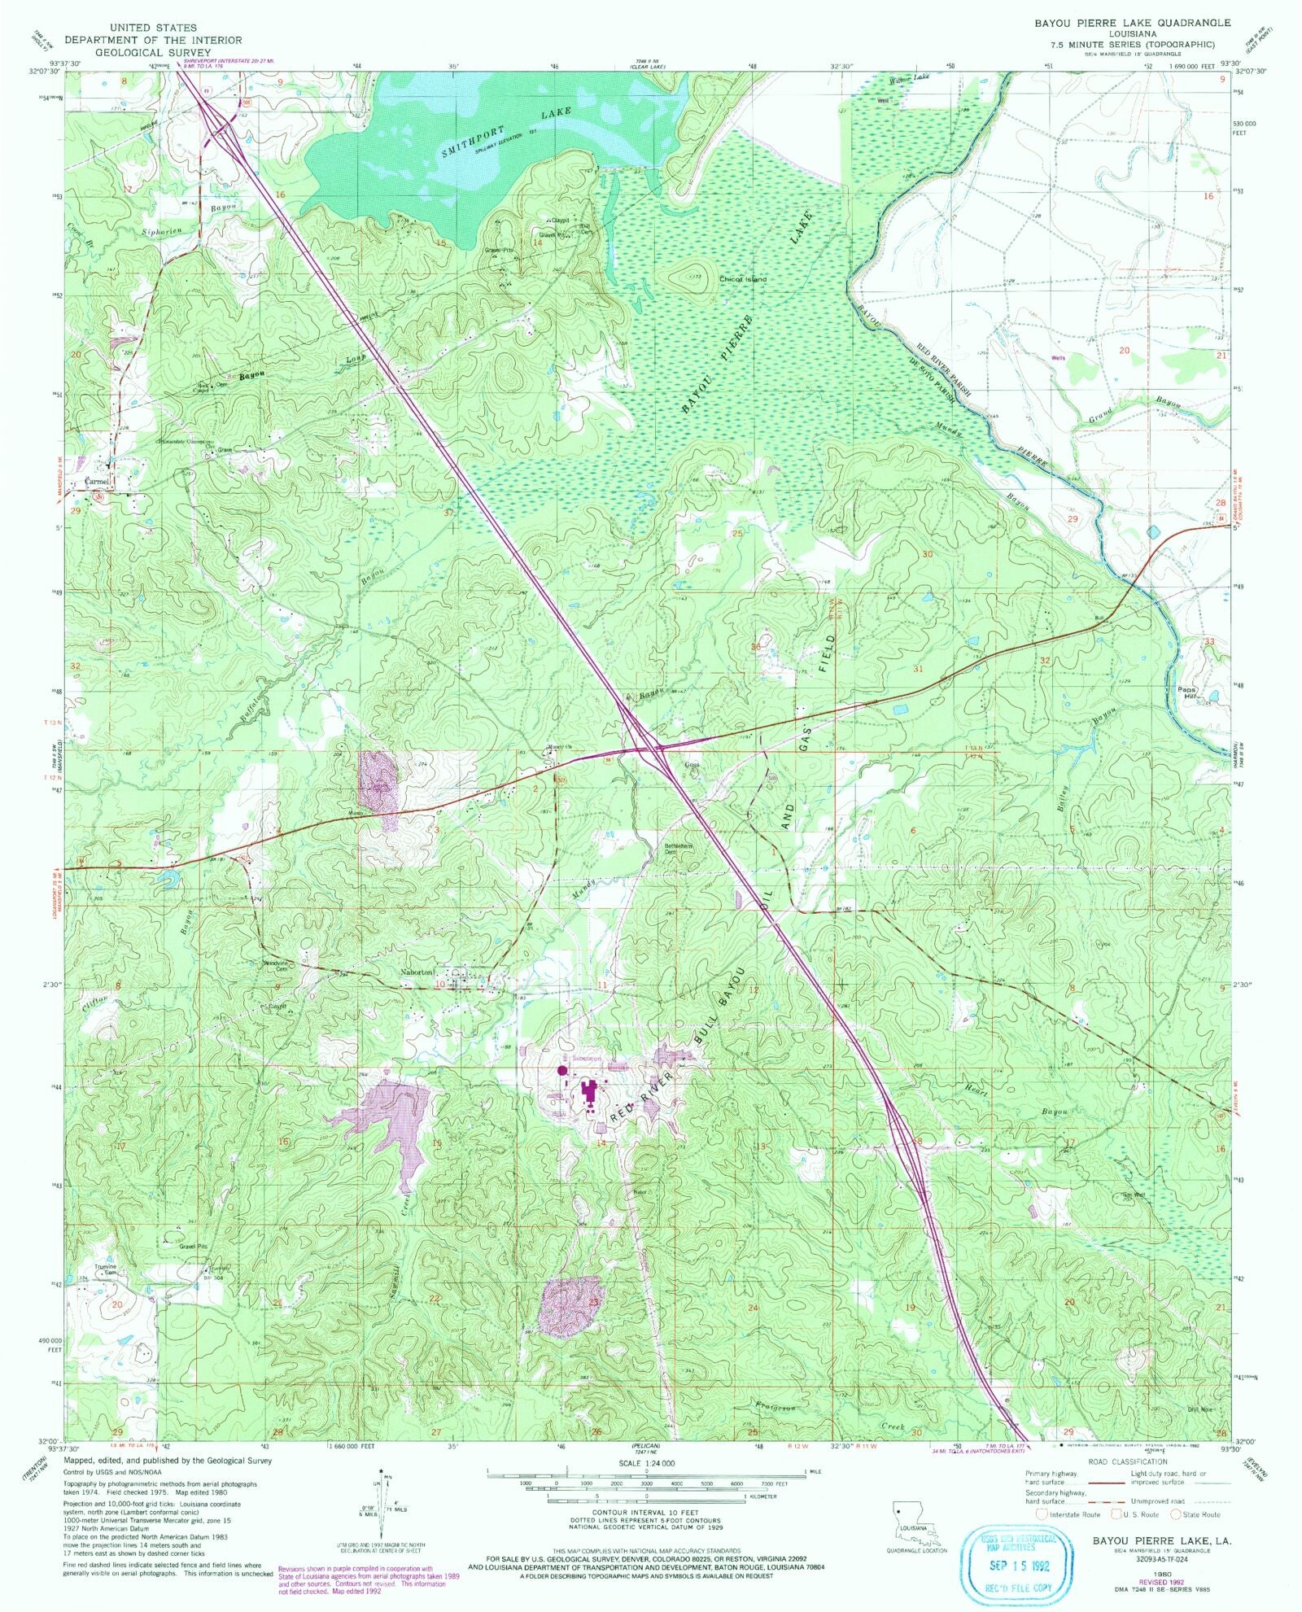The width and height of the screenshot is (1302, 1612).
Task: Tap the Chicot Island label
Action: pyautogui.click(x=742, y=279)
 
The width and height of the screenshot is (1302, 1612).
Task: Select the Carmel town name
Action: pyautogui.click(x=98, y=481)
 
